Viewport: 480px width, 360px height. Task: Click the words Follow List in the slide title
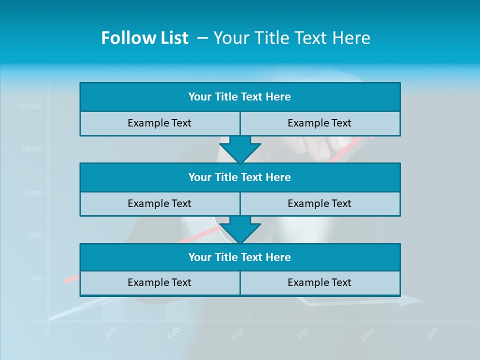[x=144, y=38]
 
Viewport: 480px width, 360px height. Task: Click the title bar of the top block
[x=239, y=97]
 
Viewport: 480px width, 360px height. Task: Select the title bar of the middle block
[x=239, y=177]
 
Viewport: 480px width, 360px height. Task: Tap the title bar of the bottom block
[x=239, y=257]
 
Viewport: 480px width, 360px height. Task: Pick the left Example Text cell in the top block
[x=159, y=123]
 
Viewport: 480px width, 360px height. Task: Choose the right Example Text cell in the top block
[x=319, y=123]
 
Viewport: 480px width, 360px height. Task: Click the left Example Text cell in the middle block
[x=159, y=203]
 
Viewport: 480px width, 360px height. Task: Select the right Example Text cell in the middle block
[x=319, y=203]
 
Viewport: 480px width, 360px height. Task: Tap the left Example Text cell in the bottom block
[x=159, y=282]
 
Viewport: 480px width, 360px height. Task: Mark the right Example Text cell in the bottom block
[x=319, y=282]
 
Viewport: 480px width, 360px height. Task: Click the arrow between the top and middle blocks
[x=240, y=149]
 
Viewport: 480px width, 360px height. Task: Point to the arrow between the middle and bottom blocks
[x=240, y=230]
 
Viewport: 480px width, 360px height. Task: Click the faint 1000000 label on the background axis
[x=30, y=106]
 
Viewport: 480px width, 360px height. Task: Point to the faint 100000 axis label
[x=31, y=149]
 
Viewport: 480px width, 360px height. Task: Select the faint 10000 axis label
[x=33, y=192]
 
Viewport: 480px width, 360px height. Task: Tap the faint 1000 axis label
[x=34, y=235]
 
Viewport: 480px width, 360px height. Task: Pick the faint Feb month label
[x=173, y=333]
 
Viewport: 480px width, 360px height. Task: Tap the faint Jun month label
[x=433, y=332]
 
